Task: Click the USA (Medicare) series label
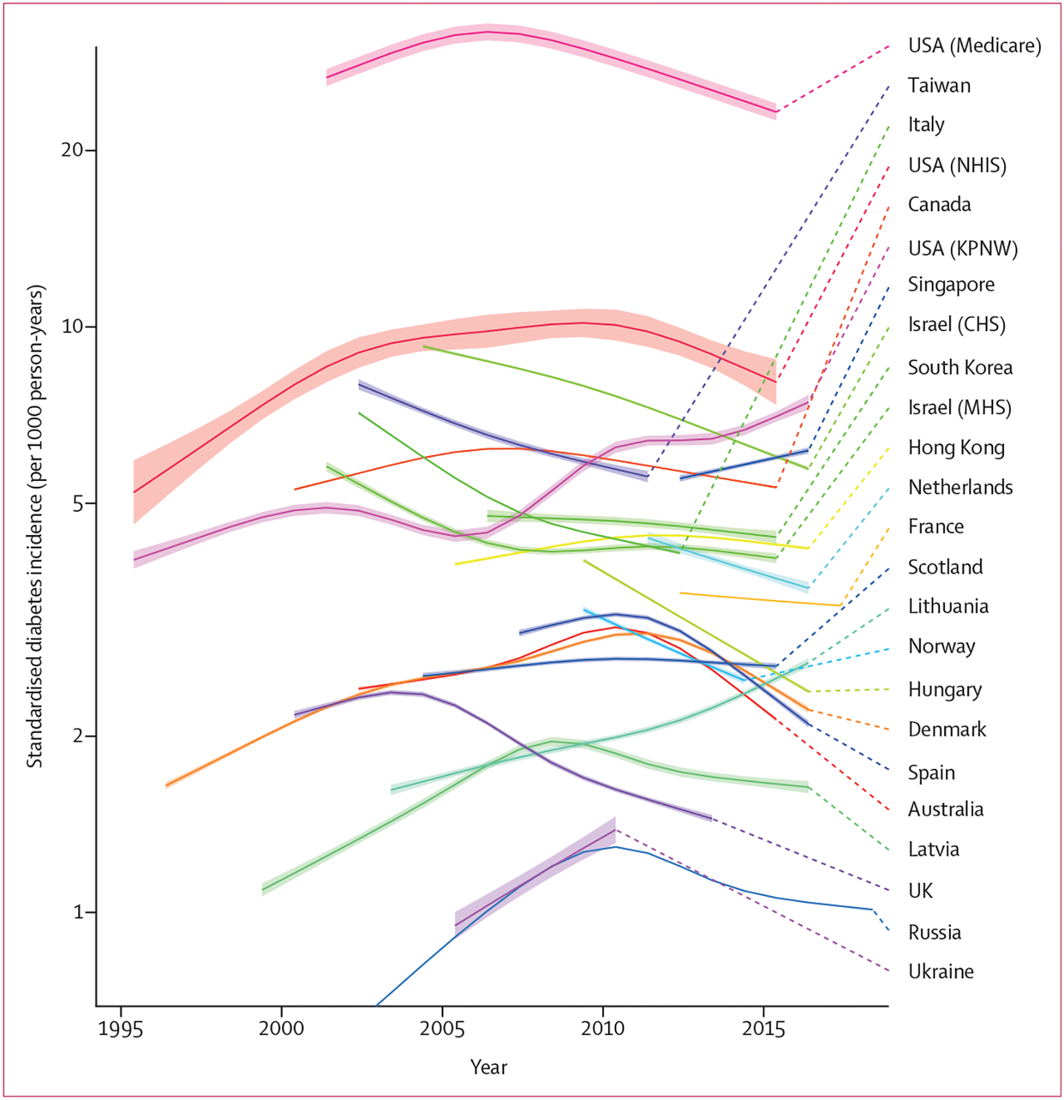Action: pyautogui.click(x=974, y=46)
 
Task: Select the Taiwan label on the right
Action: pyautogui.click(x=939, y=86)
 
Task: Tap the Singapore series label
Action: pyautogui.click(x=951, y=285)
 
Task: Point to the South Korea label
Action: pyautogui.click(x=959, y=367)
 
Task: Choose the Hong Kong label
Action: pyautogui.click(x=956, y=447)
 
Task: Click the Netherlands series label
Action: pyautogui.click(x=960, y=487)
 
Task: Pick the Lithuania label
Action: pyautogui.click(x=948, y=606)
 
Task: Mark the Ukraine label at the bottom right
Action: pyautogui.click(x=941, y=972)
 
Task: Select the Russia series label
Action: pyautogui.click(x=934, y=933)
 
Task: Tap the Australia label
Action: pyautogui.click(x=945, y=810)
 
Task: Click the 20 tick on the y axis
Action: pyautogui.click(x=72, y=150)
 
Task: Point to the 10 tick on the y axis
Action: pyautogui.click(x=72, y=326)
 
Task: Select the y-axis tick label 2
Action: pyautogui.click(x=78, y=736)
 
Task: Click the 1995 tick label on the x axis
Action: pyautogui.click(x=121, y=1029)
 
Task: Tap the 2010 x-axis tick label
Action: pyautogui.click(x=603, y=1029)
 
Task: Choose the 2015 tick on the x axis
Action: pyautogui.click(x=763, y=1029)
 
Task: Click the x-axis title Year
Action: pyautogui.click(x=488, y=1067)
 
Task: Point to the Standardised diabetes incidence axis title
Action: pyautogui.click(x=35, y=526)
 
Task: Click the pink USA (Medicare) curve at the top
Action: pyautogui.click(x=489, y=32)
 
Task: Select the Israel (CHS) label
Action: pyautogui.click(x=956, y=324)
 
